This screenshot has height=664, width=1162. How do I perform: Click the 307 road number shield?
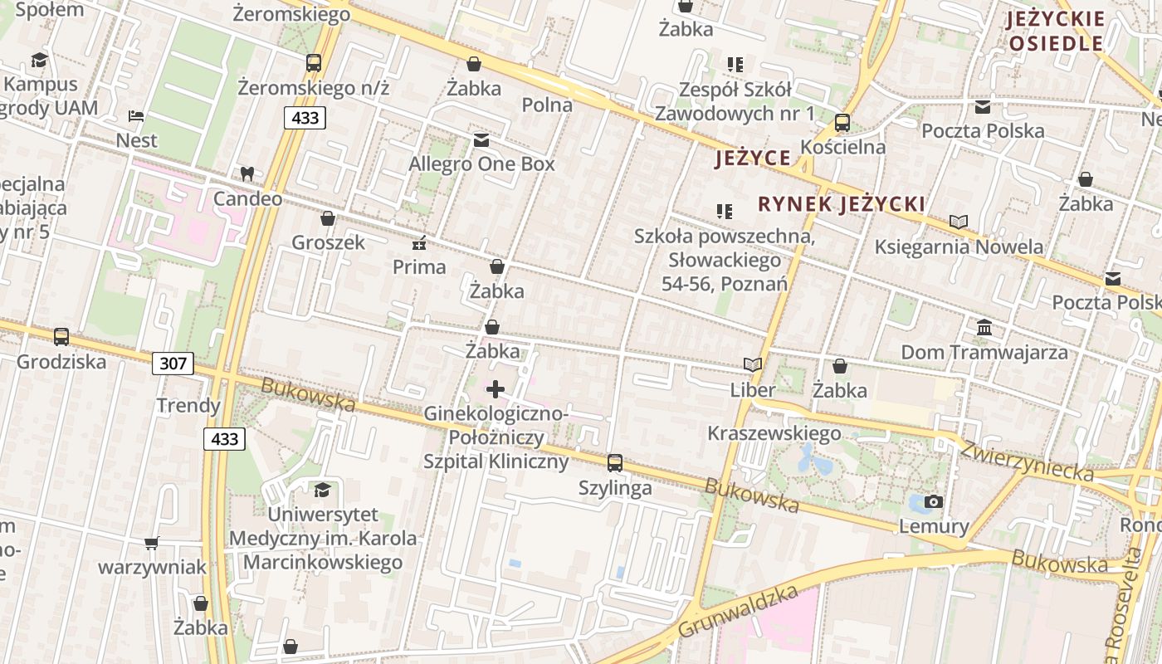[x=173, y=363]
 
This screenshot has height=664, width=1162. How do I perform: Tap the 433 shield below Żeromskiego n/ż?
[x=305, y=118]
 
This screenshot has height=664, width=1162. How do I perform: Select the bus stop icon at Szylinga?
[x=615, y=463]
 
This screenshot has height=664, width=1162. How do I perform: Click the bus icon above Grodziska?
[x=61, y=337]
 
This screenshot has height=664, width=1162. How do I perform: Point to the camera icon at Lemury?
[x=934, y=501]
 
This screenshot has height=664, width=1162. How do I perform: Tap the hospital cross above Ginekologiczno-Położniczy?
[x=496, y=388]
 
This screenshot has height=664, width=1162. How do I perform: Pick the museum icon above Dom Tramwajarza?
[x=984, y=327]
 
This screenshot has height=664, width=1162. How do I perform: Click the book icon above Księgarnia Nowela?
[x=959, y=222]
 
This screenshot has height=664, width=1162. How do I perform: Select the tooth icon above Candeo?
[x=247, y=174]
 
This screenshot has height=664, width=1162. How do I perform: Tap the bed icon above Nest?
[x=136, y=115]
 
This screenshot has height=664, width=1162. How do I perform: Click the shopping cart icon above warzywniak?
[x=151, y=543]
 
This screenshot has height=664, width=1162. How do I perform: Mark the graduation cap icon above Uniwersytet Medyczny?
[x=321, y=490]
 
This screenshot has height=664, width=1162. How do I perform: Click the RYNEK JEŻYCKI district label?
[x=842, y=204]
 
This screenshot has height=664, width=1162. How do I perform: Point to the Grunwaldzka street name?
[x=738, y=611]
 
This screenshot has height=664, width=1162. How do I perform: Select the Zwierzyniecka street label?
[x=1028, y=459]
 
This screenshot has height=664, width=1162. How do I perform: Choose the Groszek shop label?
[x=329, y=242]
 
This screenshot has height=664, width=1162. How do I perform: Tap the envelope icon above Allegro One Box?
[x=481, y=139]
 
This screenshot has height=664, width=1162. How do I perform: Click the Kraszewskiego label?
[x=774, y=433]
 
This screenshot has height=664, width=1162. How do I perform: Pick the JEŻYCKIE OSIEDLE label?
[x=1055, y=31]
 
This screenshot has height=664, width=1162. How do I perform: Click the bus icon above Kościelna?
[x=842, y=123]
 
